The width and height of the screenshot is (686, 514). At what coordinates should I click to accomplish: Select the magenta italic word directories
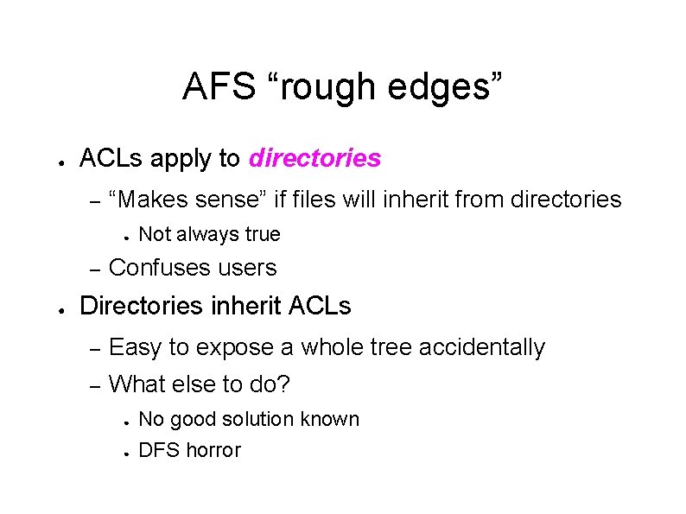(x=314, y=159)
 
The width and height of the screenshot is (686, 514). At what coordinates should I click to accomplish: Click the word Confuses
(x=158, y=268)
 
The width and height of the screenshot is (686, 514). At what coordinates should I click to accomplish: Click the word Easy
(x=136, y=347)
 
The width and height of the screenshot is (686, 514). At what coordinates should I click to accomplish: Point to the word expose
(x=237, y=347)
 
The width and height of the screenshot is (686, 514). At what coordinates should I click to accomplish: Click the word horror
(x=212, y=450)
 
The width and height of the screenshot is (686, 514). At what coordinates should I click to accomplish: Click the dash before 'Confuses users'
(x=97, y=269)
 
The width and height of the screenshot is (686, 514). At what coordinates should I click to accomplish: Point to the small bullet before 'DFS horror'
(x=125, y=452)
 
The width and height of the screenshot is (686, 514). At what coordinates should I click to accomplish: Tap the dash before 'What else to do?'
(x=97, y=383)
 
